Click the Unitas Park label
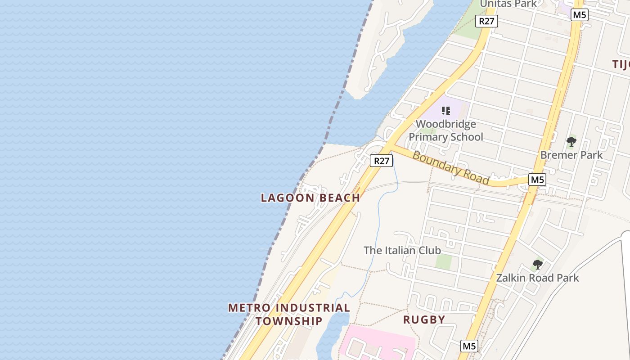[x=508, y=4]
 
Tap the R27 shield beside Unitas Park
[x=488, y=21]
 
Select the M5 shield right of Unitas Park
[x=579, y=15]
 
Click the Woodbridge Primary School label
[x=445, y=130]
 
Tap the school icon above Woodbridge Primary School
[x=446, y=110]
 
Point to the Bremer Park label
[x=571, y=155]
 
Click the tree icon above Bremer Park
[x=571, y=142]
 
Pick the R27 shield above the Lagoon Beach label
[x=381, y=161]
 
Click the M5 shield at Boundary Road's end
[x=537, y=180]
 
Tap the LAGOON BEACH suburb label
[x=310, y=198]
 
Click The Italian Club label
[x=402, y=250]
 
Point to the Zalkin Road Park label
[x=537, y=278]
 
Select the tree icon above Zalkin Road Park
[x=537, y=264]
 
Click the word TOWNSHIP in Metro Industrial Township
[x=289, y=321]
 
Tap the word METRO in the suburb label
[x=249, y=308]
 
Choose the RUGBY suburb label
[x=424, y=320]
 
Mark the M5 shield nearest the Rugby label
[x=469, y=346]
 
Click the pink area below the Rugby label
[x=382, y=342]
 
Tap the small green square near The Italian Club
[x=444, y=261]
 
